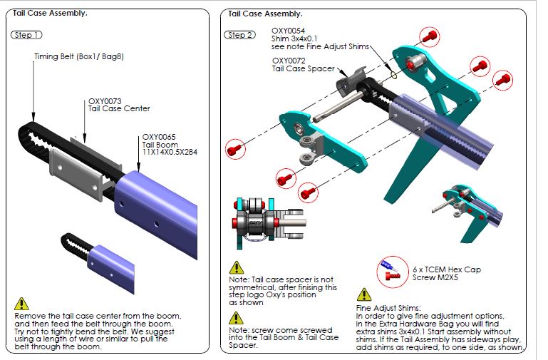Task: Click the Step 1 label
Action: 26,35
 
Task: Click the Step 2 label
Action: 239,35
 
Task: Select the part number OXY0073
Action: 105,101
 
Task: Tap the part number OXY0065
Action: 159,137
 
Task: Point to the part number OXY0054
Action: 289,31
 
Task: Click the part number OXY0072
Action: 289,61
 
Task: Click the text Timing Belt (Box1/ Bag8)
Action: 79,56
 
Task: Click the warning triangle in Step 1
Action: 21,304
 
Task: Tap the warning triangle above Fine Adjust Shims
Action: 364,294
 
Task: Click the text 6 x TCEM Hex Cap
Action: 447,269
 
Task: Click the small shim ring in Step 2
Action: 393,75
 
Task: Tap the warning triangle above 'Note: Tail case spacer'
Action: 237,267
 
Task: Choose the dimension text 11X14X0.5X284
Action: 170,152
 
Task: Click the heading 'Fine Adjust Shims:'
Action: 388,308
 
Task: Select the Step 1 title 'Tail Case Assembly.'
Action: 50,14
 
